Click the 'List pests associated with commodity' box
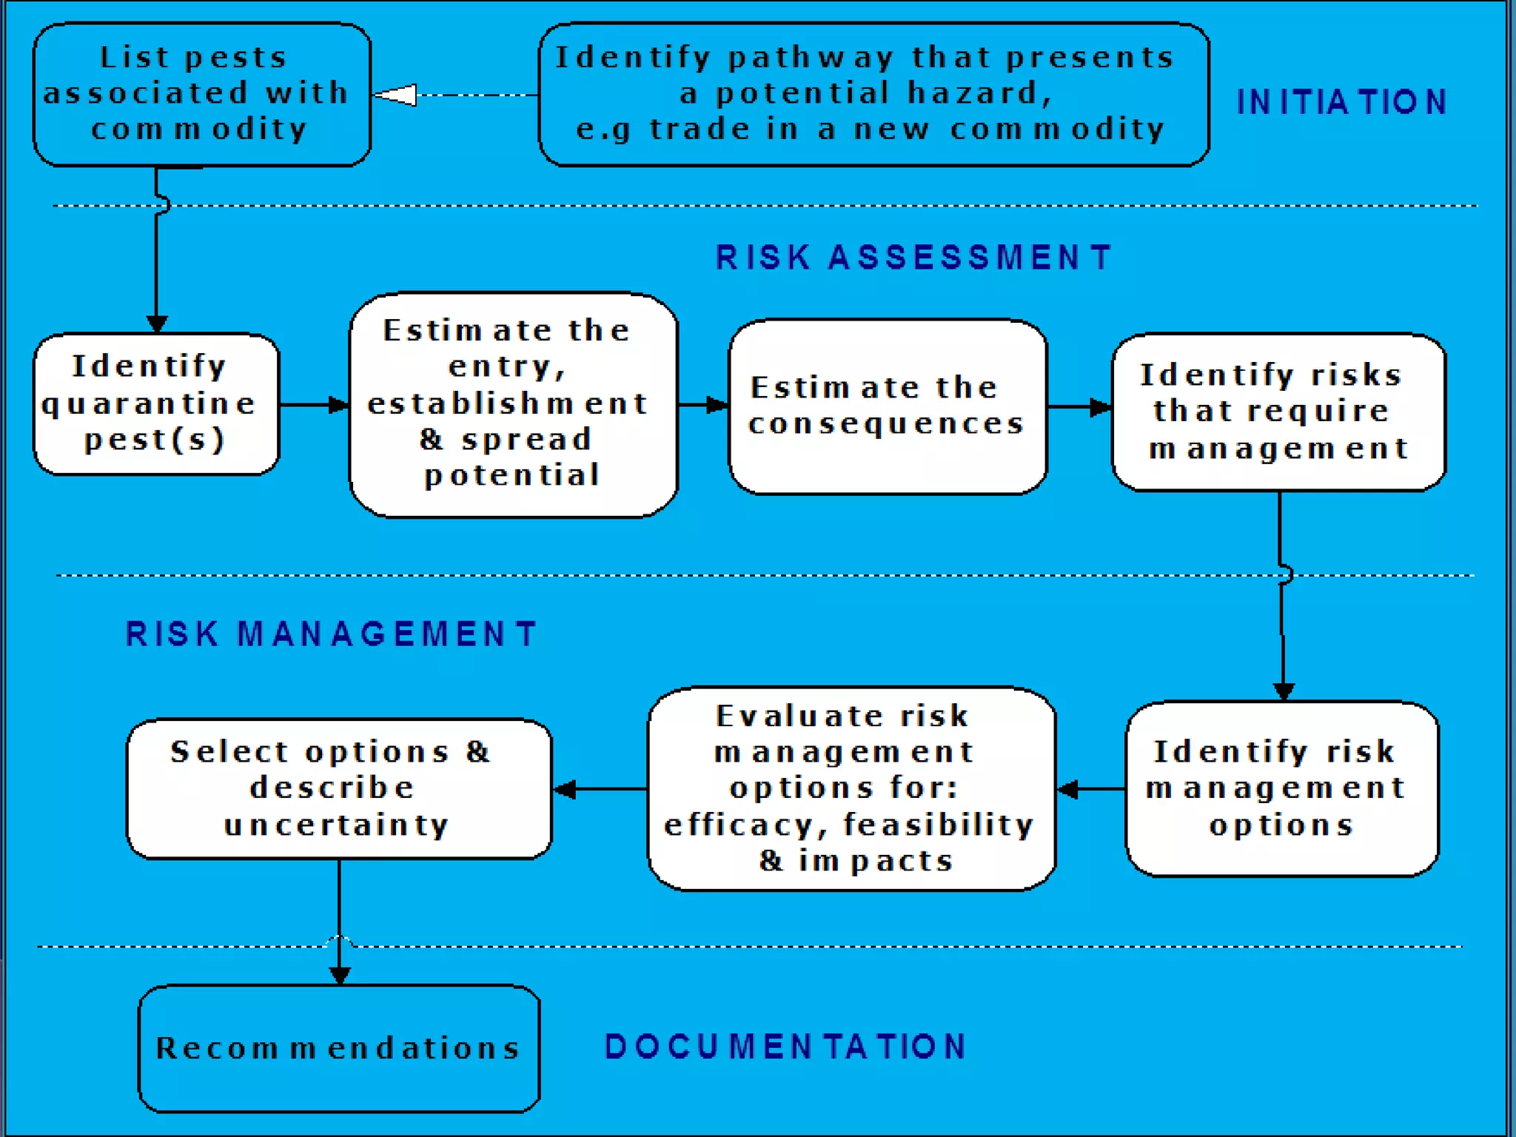[x=201, y=94]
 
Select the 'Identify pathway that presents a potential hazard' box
[x=873, y=94]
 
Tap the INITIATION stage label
[x=1341, y=102]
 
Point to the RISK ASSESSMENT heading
[x=913, y=258]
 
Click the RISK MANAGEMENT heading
[x=331, y=634]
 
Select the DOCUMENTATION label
[x=785, y=1047]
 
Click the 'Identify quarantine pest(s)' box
[x=156, y=404]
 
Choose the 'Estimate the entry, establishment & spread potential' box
[x=513, y=404]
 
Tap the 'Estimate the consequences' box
[x=888, y=406]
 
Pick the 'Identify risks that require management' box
[x=1278, y=412]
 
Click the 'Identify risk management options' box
[x=1281, y=788]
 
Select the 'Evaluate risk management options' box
[x=851, y=788]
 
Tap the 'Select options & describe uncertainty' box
[x=339, y=788]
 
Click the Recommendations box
[x=339, y=1047]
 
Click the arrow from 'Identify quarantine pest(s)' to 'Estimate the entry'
[x=314, y=405]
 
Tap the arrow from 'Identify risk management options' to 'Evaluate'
[x=1091, y=789]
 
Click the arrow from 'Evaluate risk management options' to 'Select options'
[x=600, y=789]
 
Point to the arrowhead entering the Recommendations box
[x=340, y=975]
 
